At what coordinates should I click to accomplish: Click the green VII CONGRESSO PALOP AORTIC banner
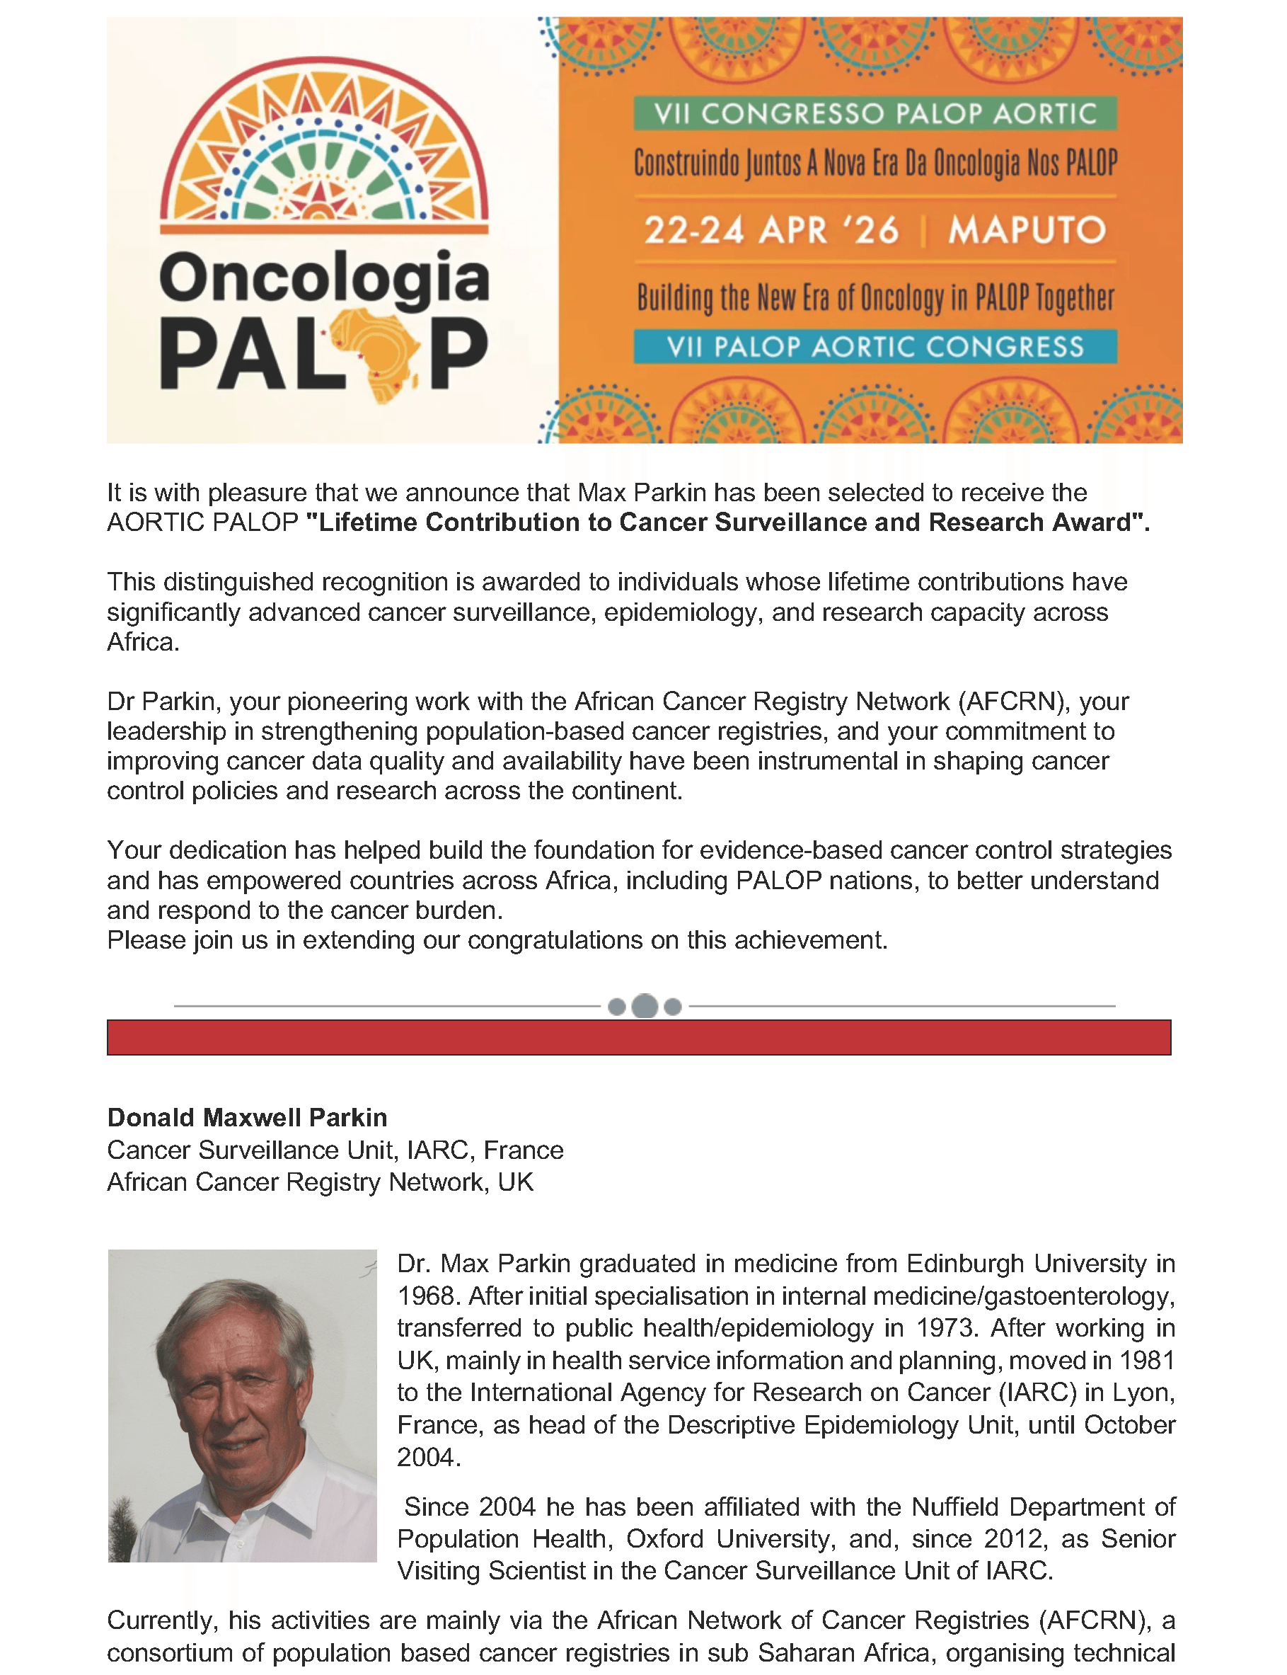[x=874, y=114]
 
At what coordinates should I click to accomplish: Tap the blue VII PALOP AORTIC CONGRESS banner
[x=874, y=346]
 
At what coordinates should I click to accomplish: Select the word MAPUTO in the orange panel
[x=1027, y=230]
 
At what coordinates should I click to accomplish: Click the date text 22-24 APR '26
[x=771, y=230]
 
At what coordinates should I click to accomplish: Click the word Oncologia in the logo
[x=324, y=278]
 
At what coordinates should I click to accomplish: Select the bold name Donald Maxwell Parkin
[x=247, y=1117]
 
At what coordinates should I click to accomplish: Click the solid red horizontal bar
[x=638, y=1037]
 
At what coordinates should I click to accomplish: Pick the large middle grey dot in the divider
[x=645, y=1006]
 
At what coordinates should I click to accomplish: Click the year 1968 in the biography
[x=427, y=1296]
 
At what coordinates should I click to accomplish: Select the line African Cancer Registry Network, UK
[x=320, y=1182]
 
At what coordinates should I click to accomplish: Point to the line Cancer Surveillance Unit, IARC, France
[x=335, y=1149]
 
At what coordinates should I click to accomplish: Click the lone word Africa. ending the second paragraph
[x=142, y=641]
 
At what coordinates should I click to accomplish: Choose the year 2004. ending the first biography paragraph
[x=428, y=1456]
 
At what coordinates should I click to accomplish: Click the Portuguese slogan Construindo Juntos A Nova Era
[x=874, y=164]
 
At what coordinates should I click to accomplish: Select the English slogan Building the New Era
[x=874, y=297]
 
